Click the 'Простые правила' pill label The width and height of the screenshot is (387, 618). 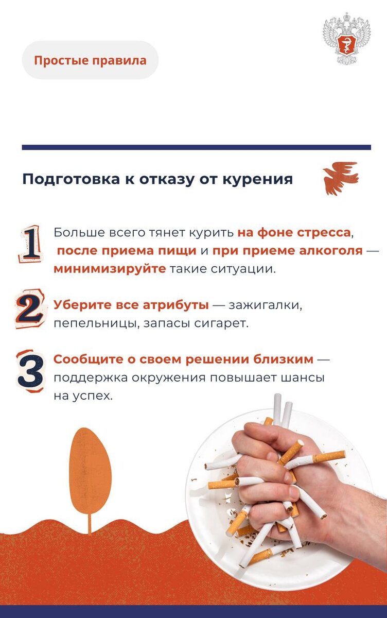90,60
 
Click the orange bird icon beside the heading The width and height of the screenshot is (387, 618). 340,178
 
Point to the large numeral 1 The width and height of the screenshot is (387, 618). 31,244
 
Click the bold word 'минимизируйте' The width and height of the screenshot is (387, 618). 110,269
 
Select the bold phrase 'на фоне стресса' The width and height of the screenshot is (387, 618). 294,232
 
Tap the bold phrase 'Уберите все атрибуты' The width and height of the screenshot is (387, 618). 131,305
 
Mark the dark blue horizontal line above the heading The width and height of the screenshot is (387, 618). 196,147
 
